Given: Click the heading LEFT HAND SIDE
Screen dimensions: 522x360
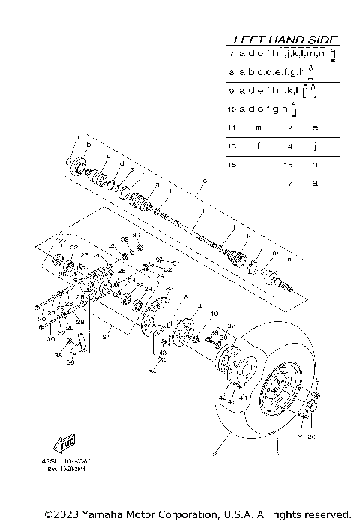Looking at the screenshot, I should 286,40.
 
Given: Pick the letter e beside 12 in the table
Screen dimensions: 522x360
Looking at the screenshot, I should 315,128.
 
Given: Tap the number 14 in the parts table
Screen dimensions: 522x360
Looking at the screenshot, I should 288,146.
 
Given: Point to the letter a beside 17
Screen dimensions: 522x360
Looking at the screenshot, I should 315,183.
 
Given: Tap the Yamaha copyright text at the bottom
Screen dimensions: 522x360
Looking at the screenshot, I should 197,514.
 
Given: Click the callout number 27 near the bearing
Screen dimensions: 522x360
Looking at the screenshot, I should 64,241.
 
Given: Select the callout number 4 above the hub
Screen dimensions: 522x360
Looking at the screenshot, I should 179,306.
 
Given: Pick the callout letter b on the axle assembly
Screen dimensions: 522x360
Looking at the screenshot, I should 89,145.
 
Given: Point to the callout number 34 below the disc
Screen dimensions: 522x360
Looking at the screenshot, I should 151,370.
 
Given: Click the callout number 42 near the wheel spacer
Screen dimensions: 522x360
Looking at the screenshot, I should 223,397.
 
